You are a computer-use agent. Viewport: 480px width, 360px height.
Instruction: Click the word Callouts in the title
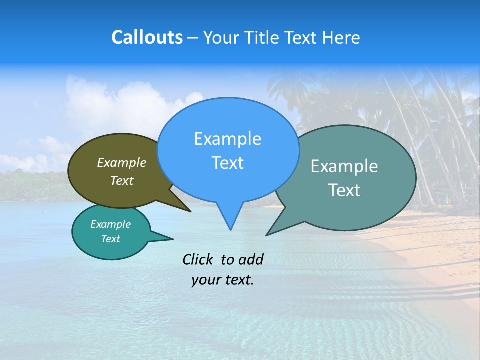pos(147,37)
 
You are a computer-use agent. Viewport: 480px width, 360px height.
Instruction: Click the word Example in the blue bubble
pos(227,139)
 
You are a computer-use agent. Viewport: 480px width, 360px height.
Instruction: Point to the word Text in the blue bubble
pos(227,163)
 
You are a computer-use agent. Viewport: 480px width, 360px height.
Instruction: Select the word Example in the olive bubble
pos(122,162)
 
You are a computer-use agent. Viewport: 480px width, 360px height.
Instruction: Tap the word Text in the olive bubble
pos(122,180)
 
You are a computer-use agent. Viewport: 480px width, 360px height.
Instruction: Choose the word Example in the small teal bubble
pos(110,224)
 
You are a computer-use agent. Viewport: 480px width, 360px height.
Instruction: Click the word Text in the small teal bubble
pos(110,239)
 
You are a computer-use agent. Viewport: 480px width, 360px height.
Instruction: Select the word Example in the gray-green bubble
pos(344,166)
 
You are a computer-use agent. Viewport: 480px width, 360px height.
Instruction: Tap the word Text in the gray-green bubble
pos(344,190)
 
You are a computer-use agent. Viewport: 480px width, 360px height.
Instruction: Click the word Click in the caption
pos(198,259)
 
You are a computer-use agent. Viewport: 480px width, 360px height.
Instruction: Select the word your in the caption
pos(205,280)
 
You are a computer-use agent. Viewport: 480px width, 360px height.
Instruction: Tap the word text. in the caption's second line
pos(237,280)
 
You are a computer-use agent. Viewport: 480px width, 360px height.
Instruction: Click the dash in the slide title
pos(193,38)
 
